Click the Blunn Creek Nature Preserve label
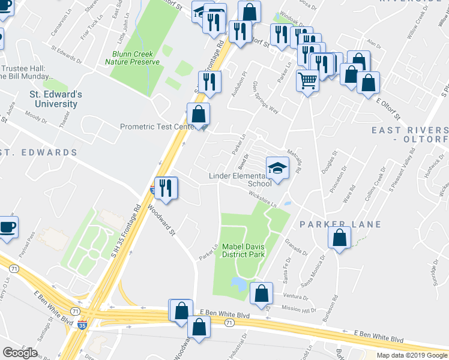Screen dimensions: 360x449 [x=135, y=58]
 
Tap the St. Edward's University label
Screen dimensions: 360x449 [x=56, y=100]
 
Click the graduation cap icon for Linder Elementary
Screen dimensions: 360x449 [x=277, y=168]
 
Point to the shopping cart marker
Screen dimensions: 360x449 [x=307, y=80]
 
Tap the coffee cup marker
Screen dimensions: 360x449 [x=7, y=228]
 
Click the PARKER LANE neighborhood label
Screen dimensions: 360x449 [x=340, y=224]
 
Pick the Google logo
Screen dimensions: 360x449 [x=20, y=352]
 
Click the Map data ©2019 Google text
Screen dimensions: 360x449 [x=412, y=355]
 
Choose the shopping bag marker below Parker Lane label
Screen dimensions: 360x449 [x=340, y=238]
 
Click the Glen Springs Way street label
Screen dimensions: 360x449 [x=266, y=98]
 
